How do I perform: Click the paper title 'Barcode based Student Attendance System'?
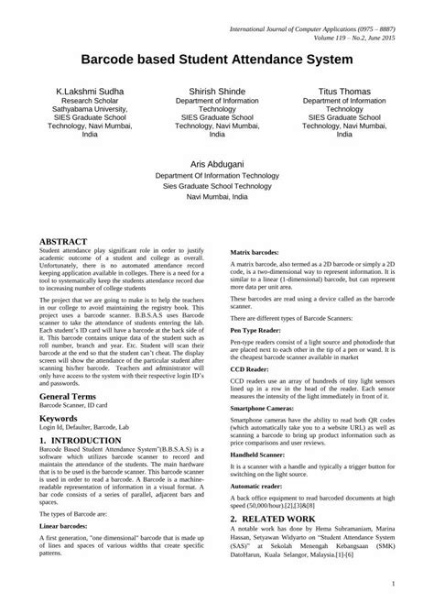click(217, 60)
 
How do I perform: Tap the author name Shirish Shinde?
click(216, 93)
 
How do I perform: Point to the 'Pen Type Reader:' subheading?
click(256, 328)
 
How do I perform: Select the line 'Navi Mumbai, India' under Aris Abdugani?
click(216, 197)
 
